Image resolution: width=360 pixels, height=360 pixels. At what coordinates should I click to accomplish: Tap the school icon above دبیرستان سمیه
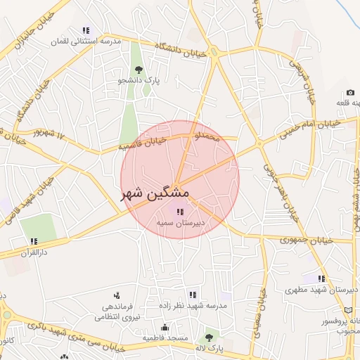coord(180,211)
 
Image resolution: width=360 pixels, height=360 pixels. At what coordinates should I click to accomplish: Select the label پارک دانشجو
coord(139,81)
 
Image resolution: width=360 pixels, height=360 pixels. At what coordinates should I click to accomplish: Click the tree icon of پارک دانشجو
coord(139,70)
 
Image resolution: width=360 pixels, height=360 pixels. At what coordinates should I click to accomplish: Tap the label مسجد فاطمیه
coord(165,338)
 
